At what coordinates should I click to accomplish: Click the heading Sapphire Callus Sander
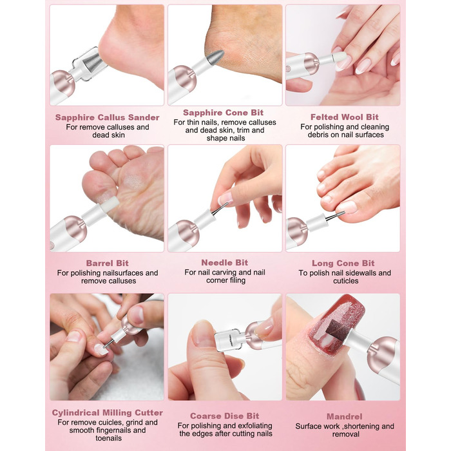tap(108, 117)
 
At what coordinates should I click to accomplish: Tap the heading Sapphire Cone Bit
tap(223, 113)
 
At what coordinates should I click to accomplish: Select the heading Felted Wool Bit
tap(344, 117)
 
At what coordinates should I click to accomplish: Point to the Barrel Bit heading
tap(108, 263)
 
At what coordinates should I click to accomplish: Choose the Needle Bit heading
tap(224, 263)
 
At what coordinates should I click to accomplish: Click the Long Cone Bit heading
tap(343, 263)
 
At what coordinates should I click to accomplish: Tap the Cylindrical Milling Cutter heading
tap(108, 413)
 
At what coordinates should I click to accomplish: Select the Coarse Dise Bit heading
tap(224, 416)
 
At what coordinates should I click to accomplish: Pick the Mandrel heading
tap(344, 416)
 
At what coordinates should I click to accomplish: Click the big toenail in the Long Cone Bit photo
tap(347, 207)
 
